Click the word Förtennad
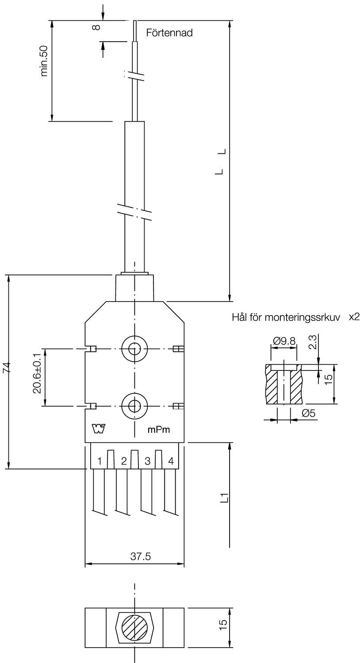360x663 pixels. click(x=169, y=33)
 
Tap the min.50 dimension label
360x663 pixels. click(x=44, y=61)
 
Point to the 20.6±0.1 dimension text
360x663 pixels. click(x=37, y=373)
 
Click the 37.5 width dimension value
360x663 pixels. click(x=141, y=556)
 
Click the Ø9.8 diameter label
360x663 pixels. click(x=284, y=341)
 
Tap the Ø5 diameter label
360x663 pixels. click(x=309, y=413)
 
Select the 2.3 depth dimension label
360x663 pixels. click(x=313, y=342)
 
